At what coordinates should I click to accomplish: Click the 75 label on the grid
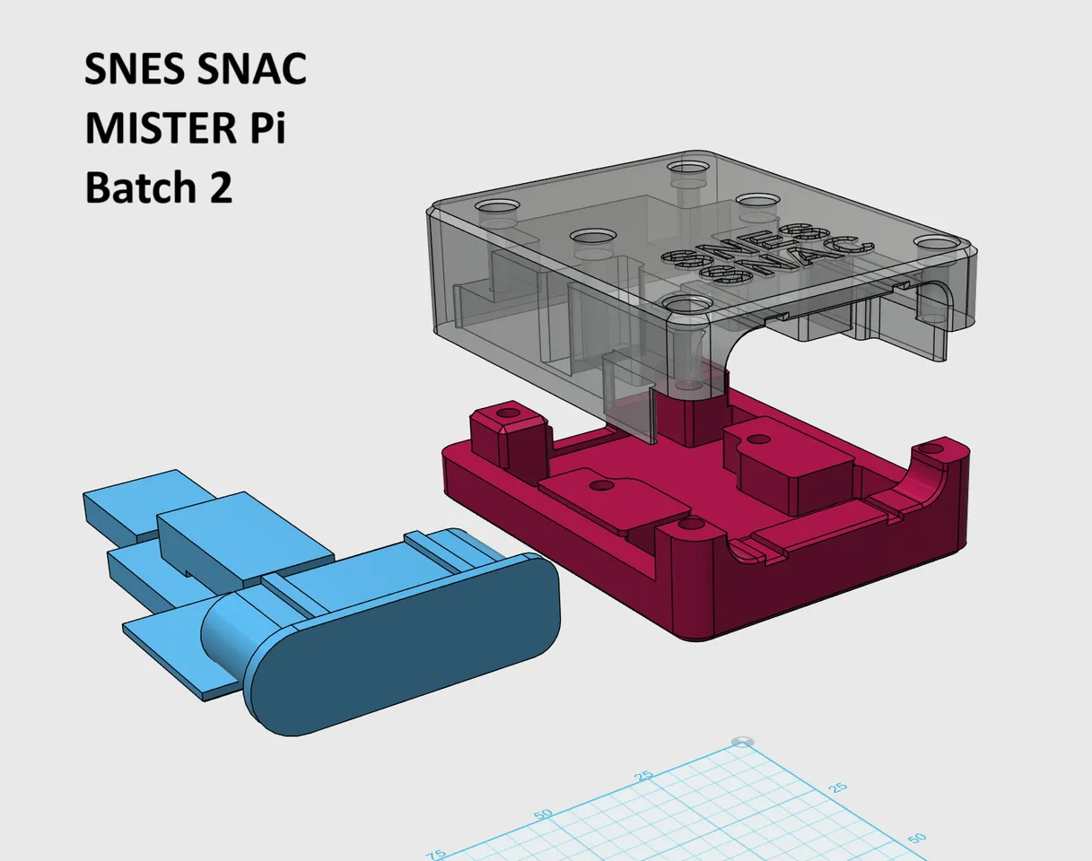click(x=435, y=854)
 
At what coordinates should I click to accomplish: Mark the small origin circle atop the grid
click(x=742, y=741)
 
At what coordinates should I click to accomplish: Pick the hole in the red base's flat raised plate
click(x=602, y=485)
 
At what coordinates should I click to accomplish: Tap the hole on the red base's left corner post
click(x=509, y=414)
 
